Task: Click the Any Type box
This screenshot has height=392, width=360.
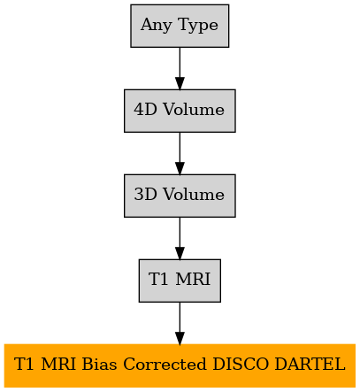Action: click(180, 26)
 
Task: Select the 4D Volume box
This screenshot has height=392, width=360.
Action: click(180, 111)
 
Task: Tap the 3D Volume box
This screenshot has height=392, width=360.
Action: click(180, 196)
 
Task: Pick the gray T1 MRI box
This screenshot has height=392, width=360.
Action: click(180, 281)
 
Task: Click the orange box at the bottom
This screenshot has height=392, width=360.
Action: click(180, 365)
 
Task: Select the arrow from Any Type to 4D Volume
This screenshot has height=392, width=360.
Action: click(180, 68)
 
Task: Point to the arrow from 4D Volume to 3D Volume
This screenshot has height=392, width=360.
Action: click(180, 153)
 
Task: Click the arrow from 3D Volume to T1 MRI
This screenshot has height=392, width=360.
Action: click(180, 238)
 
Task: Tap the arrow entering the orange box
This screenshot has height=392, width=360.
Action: click(180, 323)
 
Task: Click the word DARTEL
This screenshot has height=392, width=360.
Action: click(310, 365)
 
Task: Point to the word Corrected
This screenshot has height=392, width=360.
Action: click(165, 365)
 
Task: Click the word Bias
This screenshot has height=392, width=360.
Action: click(99, 365)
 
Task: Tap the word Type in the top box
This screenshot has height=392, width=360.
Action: click(198, 26)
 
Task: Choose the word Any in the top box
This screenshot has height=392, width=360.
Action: click(157, 26)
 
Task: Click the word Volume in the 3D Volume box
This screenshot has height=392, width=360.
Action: click(194, 195)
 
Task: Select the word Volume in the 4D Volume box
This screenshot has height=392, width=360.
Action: click(194, 110)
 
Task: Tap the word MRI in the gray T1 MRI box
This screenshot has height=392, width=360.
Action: click(193, 280)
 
